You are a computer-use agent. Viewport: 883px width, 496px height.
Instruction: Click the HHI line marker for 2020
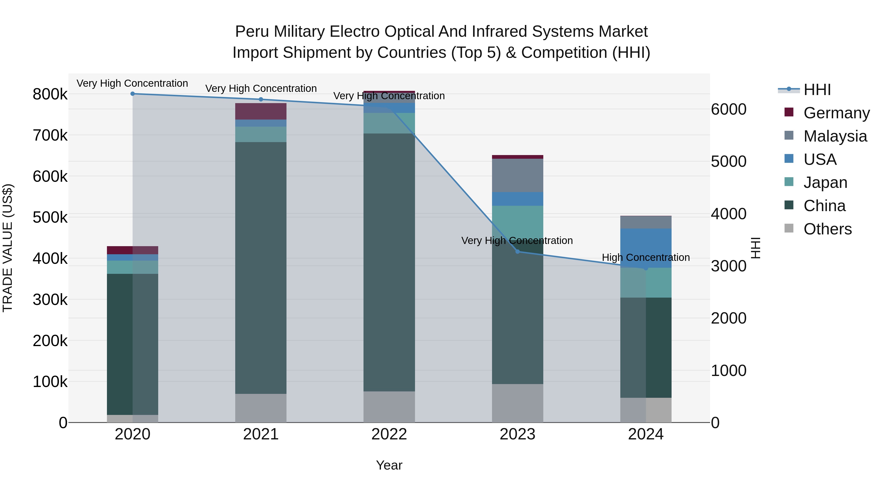pyautogui.click(x=133, y=94)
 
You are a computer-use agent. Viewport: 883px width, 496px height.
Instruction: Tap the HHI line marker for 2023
pyautogui.click(x=518, y=252)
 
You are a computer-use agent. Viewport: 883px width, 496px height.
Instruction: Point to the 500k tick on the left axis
pyautogui.click(x=50, y=217)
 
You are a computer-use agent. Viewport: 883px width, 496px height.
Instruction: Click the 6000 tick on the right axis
pyautogui.click(x=728, y=109)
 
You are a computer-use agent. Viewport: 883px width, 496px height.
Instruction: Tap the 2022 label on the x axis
pyautogui.click(x=389, y=434)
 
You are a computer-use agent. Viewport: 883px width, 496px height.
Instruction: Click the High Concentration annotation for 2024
pyautogui.click(x=646, y=257)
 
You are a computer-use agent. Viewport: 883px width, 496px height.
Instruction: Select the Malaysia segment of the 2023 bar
pyautogui.click(x=518, y=175)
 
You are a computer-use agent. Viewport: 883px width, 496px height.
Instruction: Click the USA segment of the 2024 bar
pyautogui.click(x=646, y=248)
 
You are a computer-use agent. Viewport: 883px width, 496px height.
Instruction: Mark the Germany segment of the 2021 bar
pyautogui.click(x=261, y=111)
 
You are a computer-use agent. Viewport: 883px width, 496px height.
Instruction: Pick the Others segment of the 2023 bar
pyautogui.click(x=518, y=403)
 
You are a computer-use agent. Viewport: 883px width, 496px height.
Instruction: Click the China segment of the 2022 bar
pyautogui.click(x=389, y=262)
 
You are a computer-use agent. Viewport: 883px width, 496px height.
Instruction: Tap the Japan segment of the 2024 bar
pyautogui.click(x=646, y=282)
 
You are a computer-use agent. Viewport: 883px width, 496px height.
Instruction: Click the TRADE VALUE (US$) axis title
pyautogui.click(x=8, y=248)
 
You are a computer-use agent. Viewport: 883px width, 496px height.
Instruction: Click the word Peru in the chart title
pyautogui.click(x=252, y=32)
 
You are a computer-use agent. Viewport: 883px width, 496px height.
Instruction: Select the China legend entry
pyautogui.click(x=824, y=206)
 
